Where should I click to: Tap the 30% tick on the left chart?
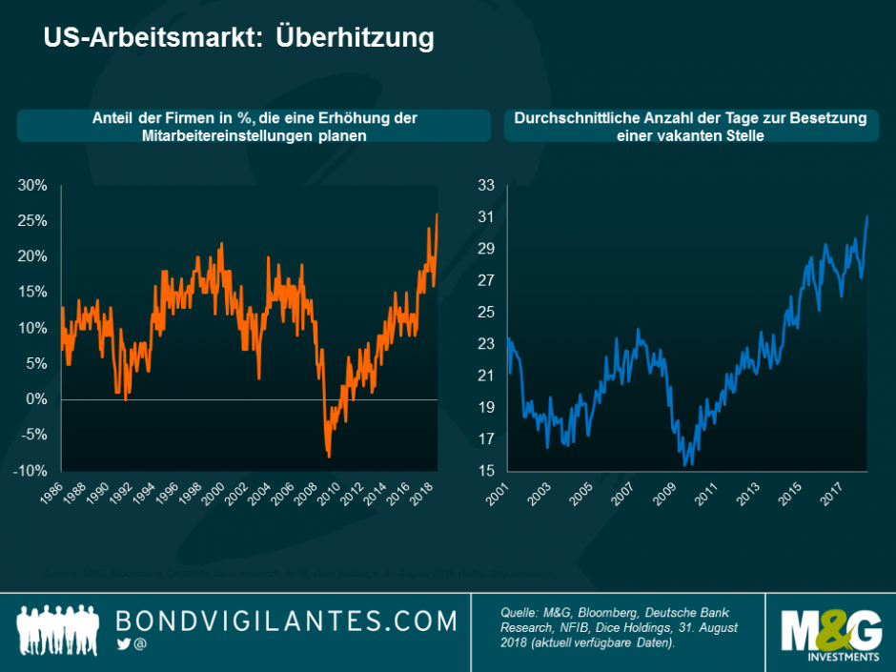click(x=32, y=185)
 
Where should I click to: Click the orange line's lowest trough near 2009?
click(x=328, y=456)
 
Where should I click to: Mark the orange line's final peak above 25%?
click(x=437, y=214)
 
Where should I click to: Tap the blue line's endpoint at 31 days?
click(x=867, y=216)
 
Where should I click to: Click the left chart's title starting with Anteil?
click(x=255, y=127)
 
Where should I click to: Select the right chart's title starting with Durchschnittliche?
click(x=689, y=127)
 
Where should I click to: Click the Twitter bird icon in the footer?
click(x=122, y=644)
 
